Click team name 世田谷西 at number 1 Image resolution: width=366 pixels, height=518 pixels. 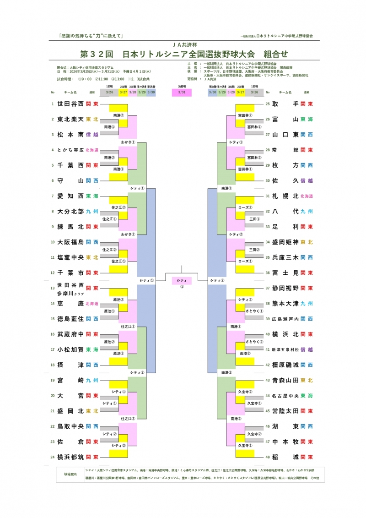coord(70,104)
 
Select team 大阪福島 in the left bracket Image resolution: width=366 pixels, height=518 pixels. coord(70,242)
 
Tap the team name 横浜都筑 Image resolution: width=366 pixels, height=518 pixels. coord(70,457)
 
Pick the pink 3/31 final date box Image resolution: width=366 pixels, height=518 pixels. coord(182,92)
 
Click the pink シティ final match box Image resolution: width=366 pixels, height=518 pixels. coord(182,280)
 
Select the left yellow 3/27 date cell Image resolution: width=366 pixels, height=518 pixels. coord(123,92)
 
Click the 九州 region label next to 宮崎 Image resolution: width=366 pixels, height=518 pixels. coord(92,380)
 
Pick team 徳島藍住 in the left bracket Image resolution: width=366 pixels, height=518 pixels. coord(70,319)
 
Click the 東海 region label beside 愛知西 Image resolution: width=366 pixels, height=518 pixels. coord(92,196)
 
